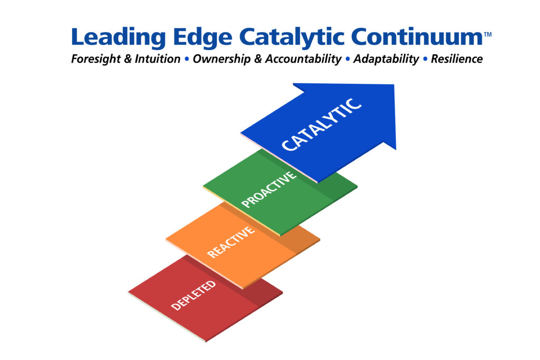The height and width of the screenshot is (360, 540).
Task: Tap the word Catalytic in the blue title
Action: pos(292,37)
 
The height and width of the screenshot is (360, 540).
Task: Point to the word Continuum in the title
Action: pos(417,36)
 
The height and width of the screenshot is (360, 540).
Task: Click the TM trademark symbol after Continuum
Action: pos(488,34)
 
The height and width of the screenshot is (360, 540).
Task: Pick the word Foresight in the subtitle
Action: pos(96,59)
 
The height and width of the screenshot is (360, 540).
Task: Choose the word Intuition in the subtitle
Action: pos(157,59)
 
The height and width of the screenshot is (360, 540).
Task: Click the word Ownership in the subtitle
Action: pos(221,59)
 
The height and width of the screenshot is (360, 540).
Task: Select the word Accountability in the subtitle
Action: pos(303,59)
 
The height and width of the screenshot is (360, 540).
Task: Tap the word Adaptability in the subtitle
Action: pos(386,59)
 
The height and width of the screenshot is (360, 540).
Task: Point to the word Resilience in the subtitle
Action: pos(457,59)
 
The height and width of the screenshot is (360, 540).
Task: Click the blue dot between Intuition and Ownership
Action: pos(187,59)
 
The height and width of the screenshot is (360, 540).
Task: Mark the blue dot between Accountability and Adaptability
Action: pos(348,59)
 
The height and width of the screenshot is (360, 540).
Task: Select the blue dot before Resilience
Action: pos(425,59)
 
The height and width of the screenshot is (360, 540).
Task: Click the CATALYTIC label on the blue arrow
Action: pos(322,124)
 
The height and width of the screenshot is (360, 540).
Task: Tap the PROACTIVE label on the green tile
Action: pos(269,189)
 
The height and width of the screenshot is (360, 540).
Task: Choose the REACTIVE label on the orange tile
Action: pos(231,242)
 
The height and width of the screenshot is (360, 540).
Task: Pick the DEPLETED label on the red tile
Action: pos(194,295)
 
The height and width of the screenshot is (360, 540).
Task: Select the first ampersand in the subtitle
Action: pos(128,59)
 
